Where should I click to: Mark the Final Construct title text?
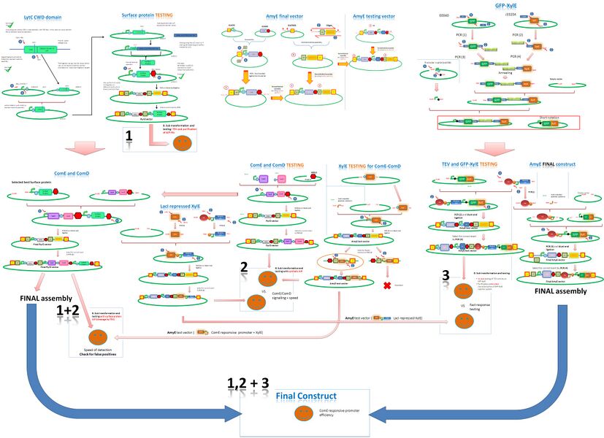(306, 396)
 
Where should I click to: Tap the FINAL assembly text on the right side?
(555, 290)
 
